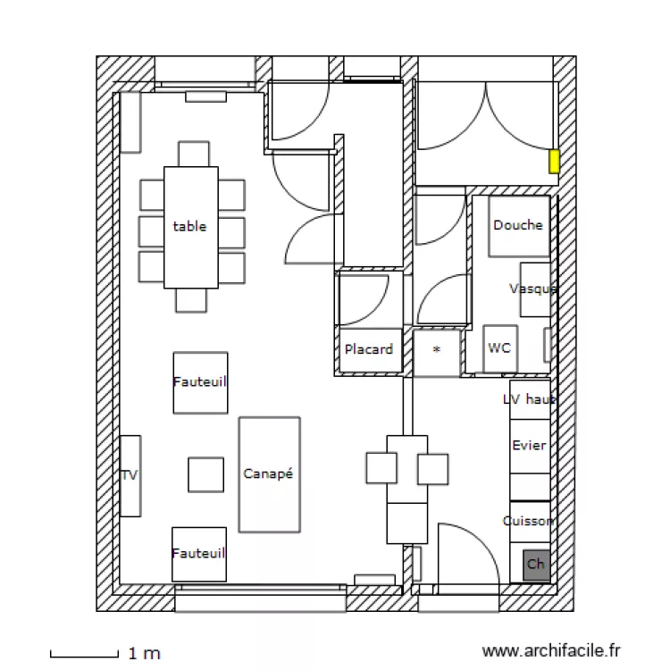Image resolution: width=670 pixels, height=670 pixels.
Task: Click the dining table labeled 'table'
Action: (x=190, y=227)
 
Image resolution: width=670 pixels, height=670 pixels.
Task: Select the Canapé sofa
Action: (x=269, y=474)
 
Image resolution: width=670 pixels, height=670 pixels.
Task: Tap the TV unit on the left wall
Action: (x=130, y=475)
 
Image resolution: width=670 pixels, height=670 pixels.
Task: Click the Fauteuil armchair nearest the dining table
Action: (x=200, y=382)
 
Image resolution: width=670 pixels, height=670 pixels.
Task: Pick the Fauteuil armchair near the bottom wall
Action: (x=199, y=554)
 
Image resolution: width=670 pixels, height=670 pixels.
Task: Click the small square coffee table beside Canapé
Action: (x=205, y=474)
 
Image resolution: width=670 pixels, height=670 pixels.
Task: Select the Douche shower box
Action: (x=517, y=225)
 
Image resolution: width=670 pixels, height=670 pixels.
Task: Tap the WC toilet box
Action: (x=499, y=348)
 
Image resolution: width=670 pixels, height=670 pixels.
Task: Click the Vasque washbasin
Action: (x=535, y=289)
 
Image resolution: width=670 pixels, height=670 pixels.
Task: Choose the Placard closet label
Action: (x=369, y=349)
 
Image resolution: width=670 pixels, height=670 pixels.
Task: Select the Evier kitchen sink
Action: (x=529, y=446)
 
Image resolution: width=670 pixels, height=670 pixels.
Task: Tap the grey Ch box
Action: (x=536, y=564)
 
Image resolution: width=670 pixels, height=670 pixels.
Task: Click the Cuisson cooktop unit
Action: (x=529, y=521)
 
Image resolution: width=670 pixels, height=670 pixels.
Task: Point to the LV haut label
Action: (x=529, y=399)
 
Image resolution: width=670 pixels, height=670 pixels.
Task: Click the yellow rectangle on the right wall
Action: (x=554, y=161)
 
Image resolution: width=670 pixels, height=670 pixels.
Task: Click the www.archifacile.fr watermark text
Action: (x=550, y=652)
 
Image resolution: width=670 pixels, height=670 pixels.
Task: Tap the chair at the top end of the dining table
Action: (x=193, y=154)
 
